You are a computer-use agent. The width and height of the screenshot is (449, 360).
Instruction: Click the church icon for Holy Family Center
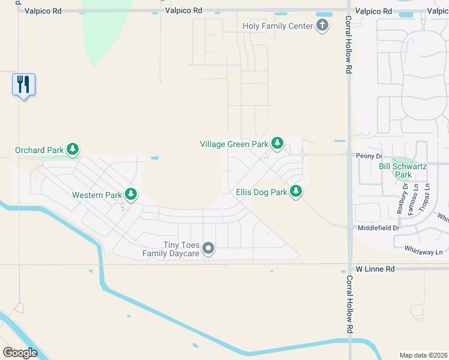323,26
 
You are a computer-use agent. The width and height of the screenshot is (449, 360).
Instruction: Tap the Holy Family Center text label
278,26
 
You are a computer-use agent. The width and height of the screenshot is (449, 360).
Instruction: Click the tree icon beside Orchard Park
73,149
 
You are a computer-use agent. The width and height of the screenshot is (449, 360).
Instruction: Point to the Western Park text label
97,195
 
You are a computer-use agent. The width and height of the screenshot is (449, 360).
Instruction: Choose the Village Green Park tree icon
277,143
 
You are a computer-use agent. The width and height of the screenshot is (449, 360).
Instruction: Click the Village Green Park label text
234,144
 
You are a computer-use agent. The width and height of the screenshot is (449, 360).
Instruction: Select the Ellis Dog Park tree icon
295,192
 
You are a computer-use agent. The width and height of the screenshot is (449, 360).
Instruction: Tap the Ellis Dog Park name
262,193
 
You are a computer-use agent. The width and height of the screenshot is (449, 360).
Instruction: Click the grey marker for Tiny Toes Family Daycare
208,248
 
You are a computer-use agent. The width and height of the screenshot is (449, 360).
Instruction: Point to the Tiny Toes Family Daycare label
169,249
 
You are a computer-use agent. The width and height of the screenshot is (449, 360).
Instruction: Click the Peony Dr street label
369,155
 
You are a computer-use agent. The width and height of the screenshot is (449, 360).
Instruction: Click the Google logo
20,353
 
